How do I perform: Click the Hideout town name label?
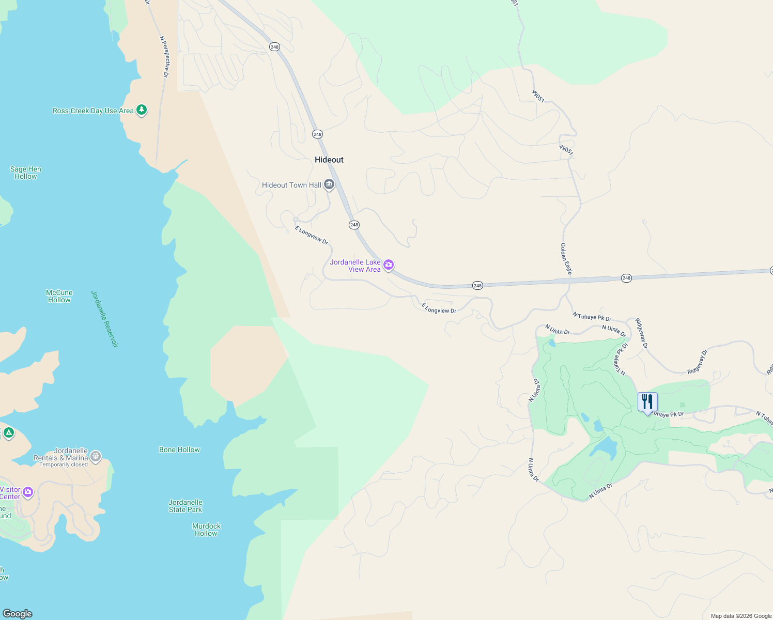tap(329, 160)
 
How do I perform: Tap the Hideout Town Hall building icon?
tap(329, 184)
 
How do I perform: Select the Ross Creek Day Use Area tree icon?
tap(142, 110)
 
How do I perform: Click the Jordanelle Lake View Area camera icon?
tap(389, 265)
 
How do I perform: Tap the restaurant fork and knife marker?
tap(647, 402)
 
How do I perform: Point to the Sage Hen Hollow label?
tap(26, 173)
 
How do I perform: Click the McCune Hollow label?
tap(59, 296)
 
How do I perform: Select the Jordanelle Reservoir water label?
tap(104, 319)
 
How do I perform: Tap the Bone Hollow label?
tap(179, 450)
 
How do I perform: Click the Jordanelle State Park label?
tap(185, 506)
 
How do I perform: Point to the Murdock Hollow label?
tap(206, 530)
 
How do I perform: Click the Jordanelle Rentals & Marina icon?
tap(95, 456)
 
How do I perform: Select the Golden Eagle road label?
tap(566, 259)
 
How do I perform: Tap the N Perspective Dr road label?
tap(164, 57)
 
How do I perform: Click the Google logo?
tap(18, 614)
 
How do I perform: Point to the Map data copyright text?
tap(741, 616)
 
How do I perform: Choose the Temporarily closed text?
tap(64, 464)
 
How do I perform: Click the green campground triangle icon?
tap(8, 432)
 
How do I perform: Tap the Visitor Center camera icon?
tap(28, 492)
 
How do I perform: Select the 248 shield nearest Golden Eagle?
tap(626, 278)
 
